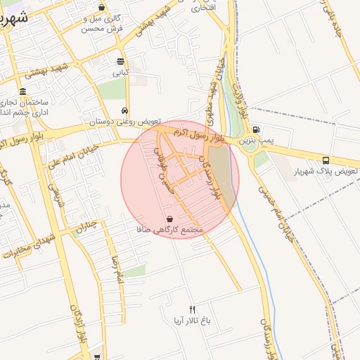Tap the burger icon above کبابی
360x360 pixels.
[x=121, y=61]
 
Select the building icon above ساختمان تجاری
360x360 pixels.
[x=23, y=92]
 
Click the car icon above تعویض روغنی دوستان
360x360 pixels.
[x=124, y=110]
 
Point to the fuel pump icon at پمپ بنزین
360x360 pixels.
[x=255, y=129]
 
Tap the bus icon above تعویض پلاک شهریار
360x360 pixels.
[x=326, y=160]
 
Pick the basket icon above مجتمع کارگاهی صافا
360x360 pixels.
[x=170, y=219]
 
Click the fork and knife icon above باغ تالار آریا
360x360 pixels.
[x=192, y=310]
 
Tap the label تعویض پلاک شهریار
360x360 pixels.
[x=327, y=172]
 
